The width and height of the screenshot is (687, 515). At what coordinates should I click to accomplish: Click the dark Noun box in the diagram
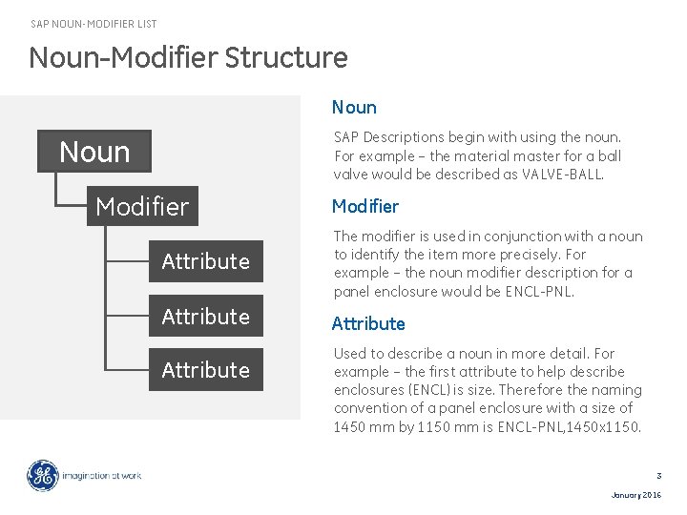94,152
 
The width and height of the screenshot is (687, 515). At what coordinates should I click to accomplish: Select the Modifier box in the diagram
142,206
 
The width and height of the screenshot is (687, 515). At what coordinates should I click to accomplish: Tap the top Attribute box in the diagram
205,261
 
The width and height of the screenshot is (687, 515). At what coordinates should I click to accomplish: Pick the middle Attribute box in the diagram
205,316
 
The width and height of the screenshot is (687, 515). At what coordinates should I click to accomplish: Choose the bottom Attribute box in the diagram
205,370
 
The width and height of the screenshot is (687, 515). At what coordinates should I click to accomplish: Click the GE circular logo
42,475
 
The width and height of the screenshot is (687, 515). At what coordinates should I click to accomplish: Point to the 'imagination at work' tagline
102,475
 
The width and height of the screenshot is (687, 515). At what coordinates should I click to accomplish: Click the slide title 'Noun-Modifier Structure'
188,57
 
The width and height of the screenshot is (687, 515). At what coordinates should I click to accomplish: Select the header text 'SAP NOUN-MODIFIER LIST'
94,24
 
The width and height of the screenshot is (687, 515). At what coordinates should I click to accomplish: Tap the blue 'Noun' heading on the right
354,108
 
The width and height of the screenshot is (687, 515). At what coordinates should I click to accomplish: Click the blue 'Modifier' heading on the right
365,206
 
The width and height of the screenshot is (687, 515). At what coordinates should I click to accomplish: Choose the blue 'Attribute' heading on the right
368,323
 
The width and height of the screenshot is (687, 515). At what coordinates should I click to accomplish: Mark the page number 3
658,475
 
